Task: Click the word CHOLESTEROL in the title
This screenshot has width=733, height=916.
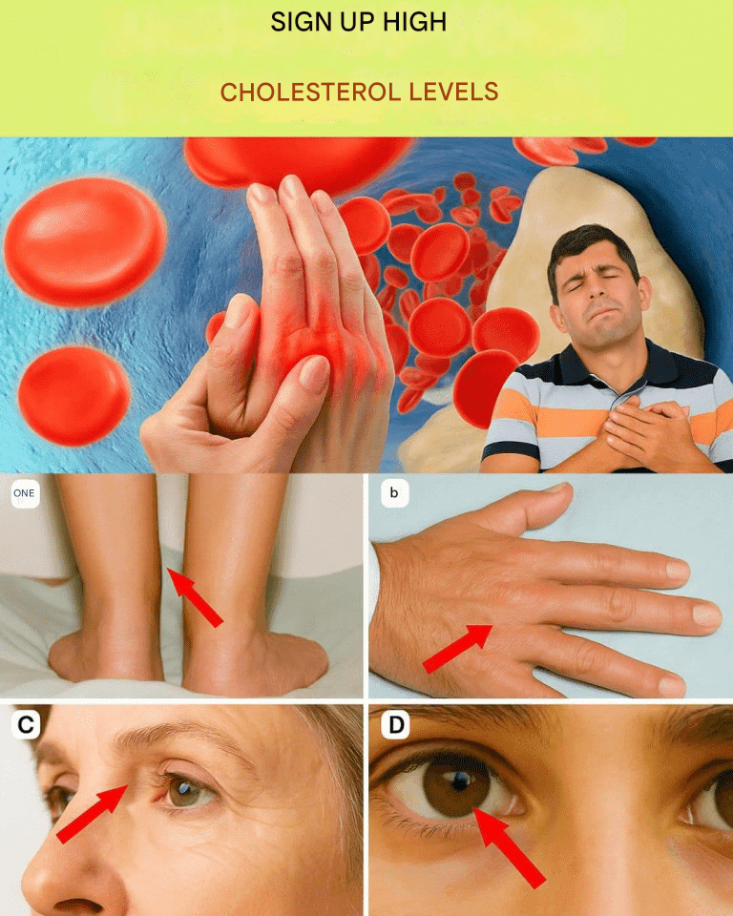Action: pos(310,93)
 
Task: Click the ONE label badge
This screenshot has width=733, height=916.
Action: pos(25,493)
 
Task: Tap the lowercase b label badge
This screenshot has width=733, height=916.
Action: pos(394,493)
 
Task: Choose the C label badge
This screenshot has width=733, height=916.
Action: pos(26,725)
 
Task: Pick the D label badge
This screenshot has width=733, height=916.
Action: pos(396,725)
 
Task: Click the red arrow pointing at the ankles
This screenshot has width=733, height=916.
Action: pos(196,597)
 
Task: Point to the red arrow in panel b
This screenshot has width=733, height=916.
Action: pos(457,648)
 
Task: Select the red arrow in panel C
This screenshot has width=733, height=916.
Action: pos(92,814)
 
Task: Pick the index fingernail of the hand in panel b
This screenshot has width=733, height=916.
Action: pos(678,569)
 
